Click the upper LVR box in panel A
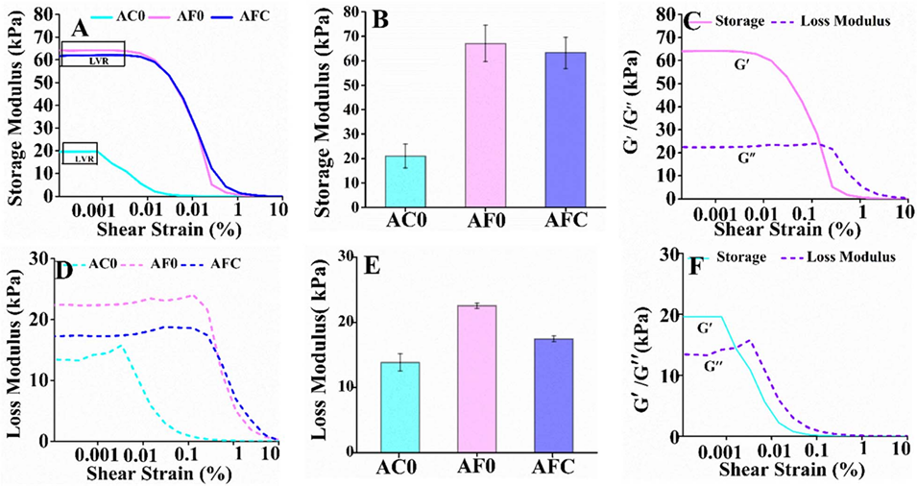92,54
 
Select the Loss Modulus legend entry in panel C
841,20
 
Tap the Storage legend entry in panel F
742,257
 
